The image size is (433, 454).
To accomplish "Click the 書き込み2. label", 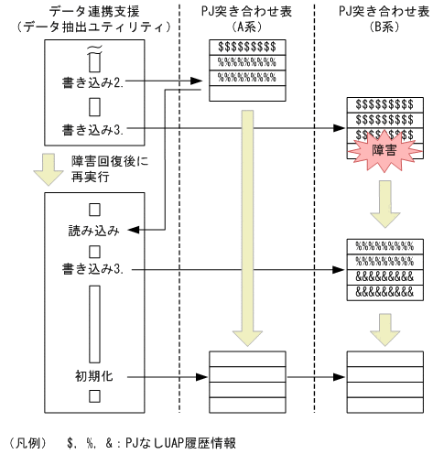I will coord(93,82).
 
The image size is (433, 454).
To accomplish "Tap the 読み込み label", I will coord(93,229).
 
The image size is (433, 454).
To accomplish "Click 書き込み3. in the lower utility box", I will coord(93,269).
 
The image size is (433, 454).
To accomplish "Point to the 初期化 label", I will coord(93,375).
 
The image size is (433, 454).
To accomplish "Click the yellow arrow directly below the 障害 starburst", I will coord(384,207).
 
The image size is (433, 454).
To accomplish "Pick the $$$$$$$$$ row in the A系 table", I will coord(243,48).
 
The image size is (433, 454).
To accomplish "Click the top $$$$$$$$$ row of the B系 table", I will coord(383,103).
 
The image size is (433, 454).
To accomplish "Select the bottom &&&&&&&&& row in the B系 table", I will coord(383,291).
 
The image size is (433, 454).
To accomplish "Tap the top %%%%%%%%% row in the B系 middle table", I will coord(383,245).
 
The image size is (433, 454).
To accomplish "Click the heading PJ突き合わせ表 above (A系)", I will coord(243,10).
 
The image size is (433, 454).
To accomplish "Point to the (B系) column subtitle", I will coord(383,27).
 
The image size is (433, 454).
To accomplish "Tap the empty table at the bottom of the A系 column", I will coord(243,375).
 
